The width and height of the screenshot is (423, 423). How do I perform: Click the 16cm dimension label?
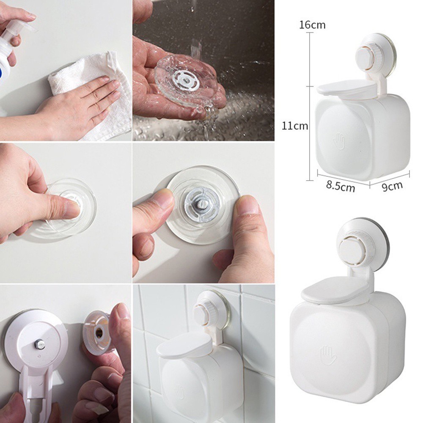[312, 25]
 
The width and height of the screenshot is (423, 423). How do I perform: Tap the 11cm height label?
[295, 125]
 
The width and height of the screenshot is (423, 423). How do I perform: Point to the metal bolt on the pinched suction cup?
[202, 208]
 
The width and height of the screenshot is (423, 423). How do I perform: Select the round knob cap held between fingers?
[99, 332]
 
